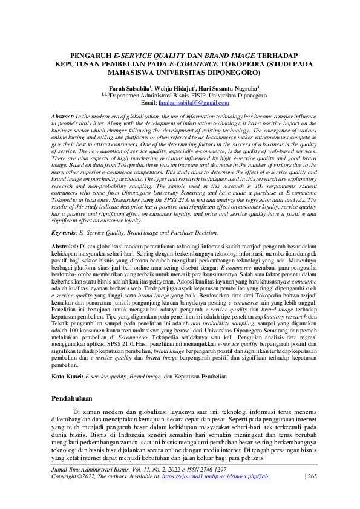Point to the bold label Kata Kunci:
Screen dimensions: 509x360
[x=67, y=376]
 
